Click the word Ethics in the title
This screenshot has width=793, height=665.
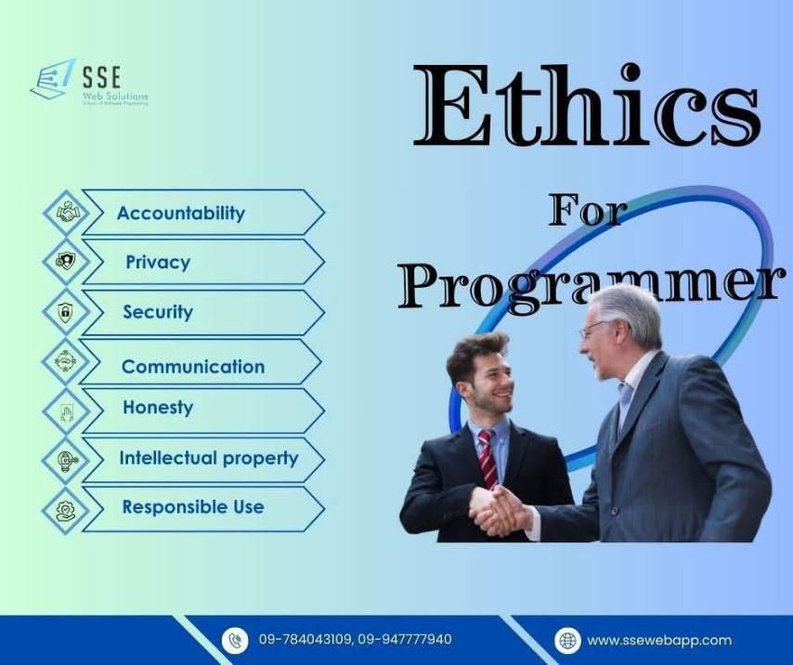pos(587,108)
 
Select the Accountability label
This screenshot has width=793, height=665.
pos(181,213)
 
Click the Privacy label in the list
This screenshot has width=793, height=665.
pos(158,262)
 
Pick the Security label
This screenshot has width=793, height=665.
pos(158,312)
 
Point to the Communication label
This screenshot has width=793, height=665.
pos(193,366)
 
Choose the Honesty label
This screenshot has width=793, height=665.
pos(158,408)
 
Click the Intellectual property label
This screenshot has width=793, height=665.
pos(208,458)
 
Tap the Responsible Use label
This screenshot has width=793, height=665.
pos(193,507)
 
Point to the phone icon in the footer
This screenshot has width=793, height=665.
pos(235,640)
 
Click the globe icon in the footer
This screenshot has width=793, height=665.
pos(567,640)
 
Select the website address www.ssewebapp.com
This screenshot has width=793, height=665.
pos(659,640)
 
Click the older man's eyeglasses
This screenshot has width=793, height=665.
pos(595,329)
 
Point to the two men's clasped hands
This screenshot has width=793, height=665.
pos(500,509)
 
